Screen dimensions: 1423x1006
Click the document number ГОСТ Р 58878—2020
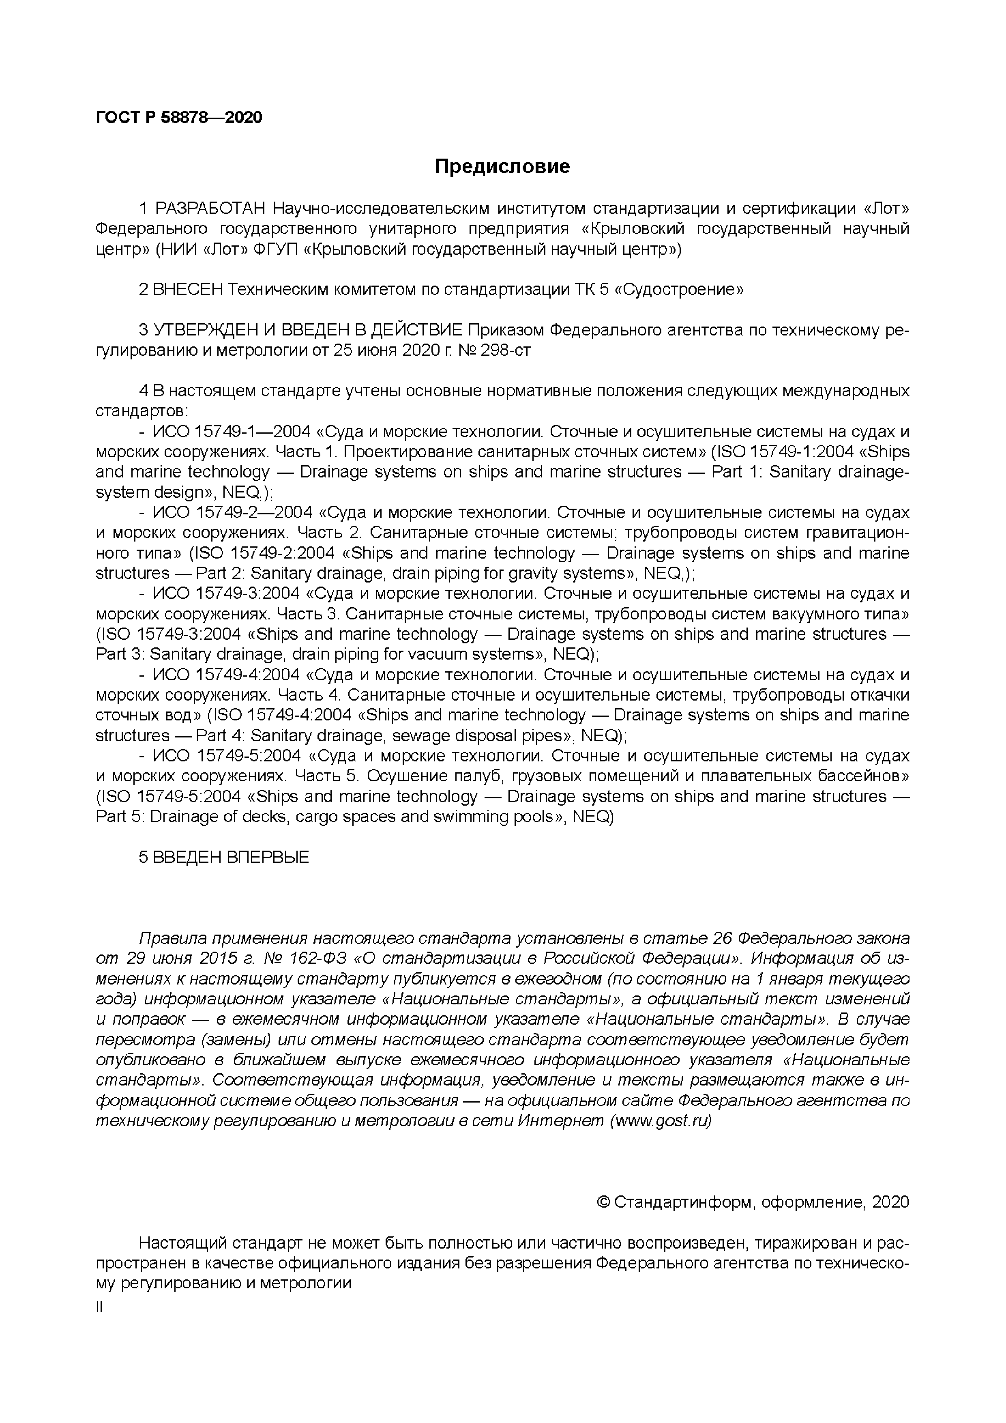(x=179, y=117)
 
